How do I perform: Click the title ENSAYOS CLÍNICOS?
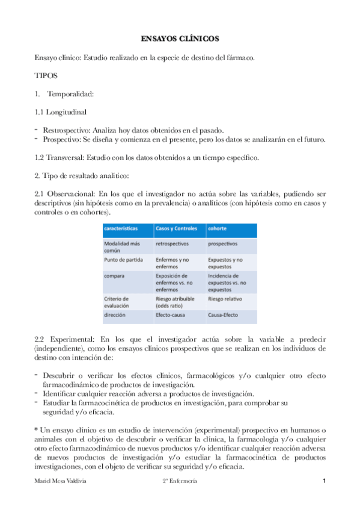click(x=180, y=38)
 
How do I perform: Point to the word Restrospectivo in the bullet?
click(x=66, y=130)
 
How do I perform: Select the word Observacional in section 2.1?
click(x=71, y=194)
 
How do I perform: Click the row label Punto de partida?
click(x=123, y=259)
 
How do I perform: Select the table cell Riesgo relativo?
click(x=225, y=298)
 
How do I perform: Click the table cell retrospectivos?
click(x=172, y=244)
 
